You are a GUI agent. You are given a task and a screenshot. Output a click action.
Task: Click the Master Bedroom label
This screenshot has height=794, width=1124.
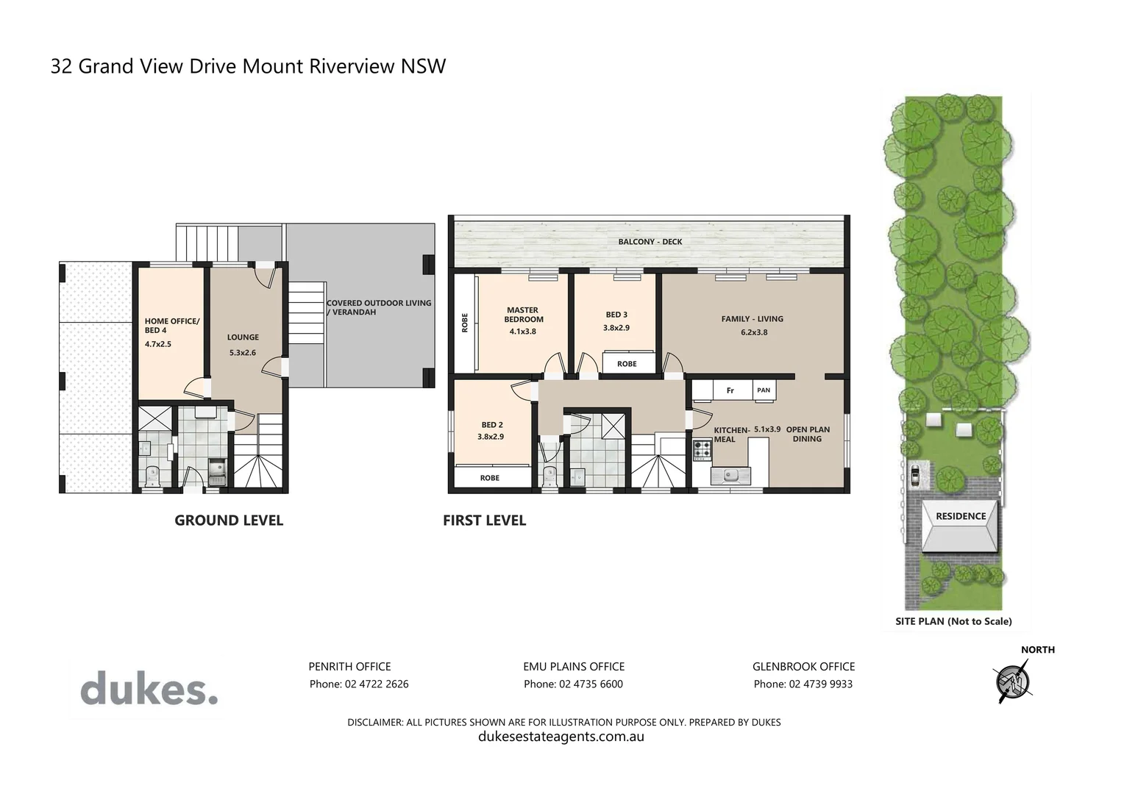coord(523,315)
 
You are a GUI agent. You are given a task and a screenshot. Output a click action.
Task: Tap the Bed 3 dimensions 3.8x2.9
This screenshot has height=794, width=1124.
coord(616,328)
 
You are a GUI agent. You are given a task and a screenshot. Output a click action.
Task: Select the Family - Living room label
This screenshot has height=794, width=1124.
coord(752,319)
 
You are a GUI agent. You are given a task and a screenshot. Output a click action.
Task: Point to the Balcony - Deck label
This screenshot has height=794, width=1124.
coord(650,242)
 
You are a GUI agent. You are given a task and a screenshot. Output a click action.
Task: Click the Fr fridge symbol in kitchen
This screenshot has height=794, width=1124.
coord(730,390)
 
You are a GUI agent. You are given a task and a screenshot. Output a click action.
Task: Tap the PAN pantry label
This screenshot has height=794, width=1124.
coord(764,390)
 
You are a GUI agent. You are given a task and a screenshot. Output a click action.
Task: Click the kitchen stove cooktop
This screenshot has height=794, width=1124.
coord(701,449)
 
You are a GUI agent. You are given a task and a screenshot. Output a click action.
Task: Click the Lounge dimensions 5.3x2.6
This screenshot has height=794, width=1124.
coord(243,353)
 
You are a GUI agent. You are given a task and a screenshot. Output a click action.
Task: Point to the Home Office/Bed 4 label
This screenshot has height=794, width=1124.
coord(171,326)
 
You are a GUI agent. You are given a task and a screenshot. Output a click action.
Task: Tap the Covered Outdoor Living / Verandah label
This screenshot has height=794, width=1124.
coord(378,307)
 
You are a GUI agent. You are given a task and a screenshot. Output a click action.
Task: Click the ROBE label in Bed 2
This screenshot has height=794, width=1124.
coord(489,478)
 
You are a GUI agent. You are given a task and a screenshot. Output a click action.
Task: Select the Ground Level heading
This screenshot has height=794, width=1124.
coord(228,521)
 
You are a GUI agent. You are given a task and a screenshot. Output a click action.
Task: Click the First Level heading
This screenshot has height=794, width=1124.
coord(484,521)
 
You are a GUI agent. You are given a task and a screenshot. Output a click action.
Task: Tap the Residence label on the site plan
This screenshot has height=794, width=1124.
coord(960,516)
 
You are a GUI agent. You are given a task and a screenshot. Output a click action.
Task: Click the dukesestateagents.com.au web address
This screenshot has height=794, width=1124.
coord(561,737)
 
